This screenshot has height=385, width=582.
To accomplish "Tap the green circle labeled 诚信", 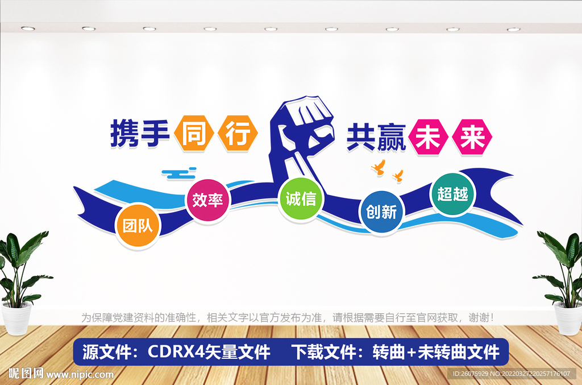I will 301,200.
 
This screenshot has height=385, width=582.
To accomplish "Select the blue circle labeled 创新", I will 381,212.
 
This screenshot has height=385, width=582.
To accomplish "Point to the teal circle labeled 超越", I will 453,194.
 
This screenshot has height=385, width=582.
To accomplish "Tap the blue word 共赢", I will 376,137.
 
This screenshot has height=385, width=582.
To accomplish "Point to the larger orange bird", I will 378,167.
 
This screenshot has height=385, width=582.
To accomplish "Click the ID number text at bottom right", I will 511,374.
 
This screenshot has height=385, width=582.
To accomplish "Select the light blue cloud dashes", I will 178,171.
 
